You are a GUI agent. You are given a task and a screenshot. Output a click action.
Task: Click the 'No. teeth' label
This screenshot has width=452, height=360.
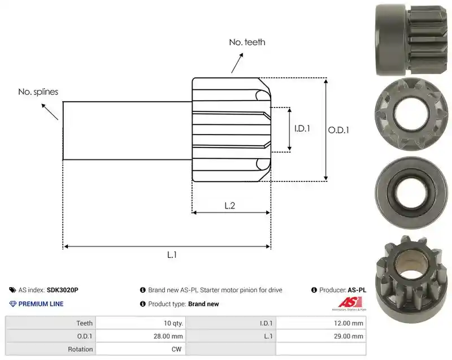click(x=247, y=42)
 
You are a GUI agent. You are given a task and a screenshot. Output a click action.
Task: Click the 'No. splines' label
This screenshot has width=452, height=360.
click(x=38, y=92)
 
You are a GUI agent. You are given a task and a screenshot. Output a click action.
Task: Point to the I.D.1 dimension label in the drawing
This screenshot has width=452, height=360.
click(x=302, y=128)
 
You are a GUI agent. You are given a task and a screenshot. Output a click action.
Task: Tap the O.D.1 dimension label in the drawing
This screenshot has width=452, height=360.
click(x=338, y=131)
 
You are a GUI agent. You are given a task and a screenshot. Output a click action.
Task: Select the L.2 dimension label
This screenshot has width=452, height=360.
click(x=230, y=206)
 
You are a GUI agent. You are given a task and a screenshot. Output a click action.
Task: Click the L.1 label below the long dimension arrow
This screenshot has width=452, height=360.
click(x=172, y=255)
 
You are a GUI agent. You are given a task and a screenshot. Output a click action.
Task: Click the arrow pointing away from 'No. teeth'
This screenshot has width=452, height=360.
click(x=237, y=63)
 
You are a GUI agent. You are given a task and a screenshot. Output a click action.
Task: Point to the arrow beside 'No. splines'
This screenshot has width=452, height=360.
click(x=50, y=111)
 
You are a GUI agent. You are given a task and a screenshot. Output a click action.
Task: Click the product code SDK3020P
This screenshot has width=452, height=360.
click(x=62, y=290)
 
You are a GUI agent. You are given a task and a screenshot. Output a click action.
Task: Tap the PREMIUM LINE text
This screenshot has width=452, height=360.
click(x=41, y=304)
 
